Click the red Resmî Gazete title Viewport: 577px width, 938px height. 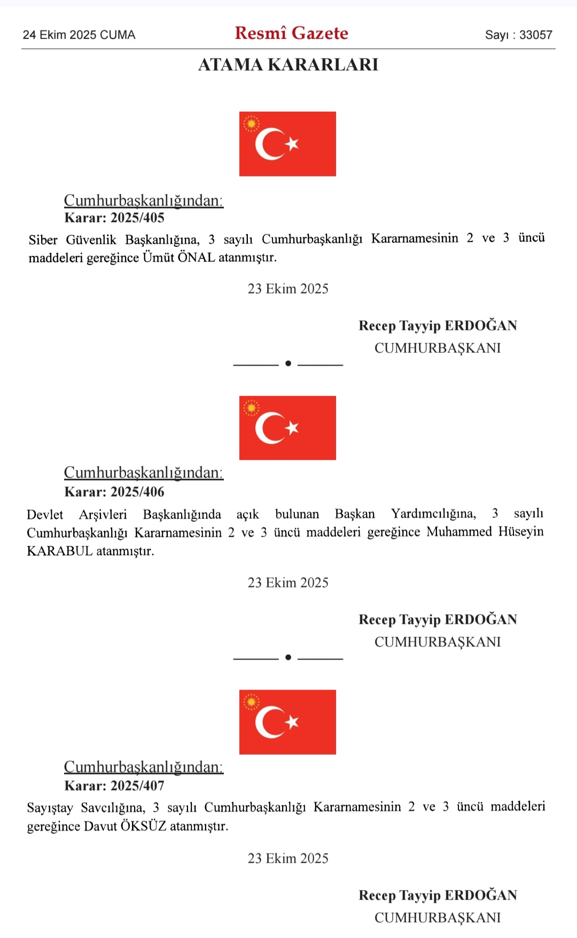pos(291,33)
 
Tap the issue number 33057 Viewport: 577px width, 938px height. pos(535,35)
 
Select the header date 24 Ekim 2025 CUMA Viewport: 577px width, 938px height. pos(79,35)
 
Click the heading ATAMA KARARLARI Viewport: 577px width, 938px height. pos(288,65)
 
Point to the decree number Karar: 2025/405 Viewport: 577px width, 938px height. pos(114,218)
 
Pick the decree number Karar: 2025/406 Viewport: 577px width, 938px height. pos(114,492)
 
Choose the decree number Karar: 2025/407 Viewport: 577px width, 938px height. pos(114,786)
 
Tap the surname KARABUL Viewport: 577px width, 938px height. pos(60,551)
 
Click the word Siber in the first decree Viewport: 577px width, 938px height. pos(43,239)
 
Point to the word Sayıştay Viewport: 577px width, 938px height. pos(50,807)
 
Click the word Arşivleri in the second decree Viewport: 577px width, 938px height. pos(103,514)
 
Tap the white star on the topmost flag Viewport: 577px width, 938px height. pos(292,144)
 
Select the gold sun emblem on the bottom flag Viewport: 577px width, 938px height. pos(251,702)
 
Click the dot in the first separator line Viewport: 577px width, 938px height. pos(288,363)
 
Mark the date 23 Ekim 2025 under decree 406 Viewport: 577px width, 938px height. pos(288,583)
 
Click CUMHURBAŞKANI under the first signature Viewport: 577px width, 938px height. pos(438,348)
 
